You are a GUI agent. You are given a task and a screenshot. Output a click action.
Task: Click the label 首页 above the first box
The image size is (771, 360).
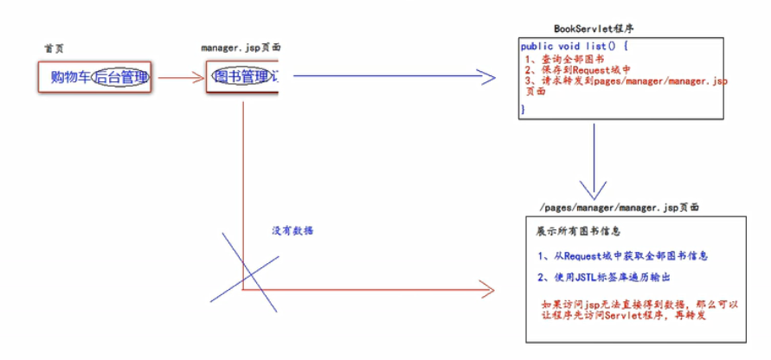(54, 48)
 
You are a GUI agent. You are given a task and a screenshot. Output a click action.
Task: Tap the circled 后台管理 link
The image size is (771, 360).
(121, 78)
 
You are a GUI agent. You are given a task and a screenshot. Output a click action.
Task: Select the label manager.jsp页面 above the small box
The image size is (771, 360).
(240, 48)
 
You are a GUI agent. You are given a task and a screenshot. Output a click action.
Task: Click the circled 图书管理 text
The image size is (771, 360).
(241, 77)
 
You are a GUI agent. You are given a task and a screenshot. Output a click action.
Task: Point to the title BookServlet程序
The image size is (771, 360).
(598, 29)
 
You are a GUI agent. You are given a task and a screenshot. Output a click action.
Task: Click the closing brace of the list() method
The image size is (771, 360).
(523, 109)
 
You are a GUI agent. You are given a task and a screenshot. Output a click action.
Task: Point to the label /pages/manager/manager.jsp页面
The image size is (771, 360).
(618, 209)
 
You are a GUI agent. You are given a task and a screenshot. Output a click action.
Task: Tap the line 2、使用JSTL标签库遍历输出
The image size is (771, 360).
(605, 277)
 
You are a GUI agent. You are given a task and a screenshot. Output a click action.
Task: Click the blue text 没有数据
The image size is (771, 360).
(292, 231)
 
